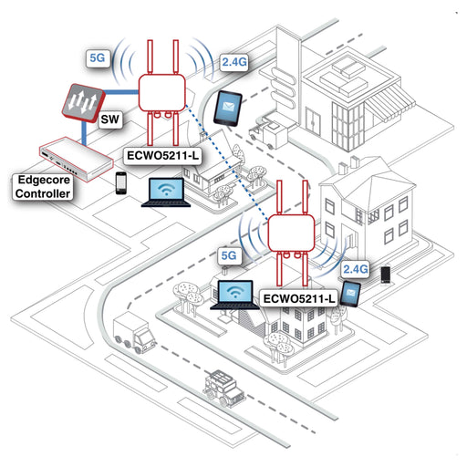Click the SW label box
pyautogui.click(x=111, y=119)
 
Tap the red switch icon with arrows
pyautogui.click(x=83, y=103)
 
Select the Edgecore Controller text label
pyautogui.click(x=43, y=187)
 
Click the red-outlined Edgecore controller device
pyautogui.click(x=76, y=159)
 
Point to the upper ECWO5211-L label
pyautogui.click(x=163, y=156)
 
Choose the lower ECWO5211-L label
pyautogui.click(x=299, y=298)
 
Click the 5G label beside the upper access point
pyautogui.click(x=98, y=57)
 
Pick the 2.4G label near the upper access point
pyautogui.click(x=234, y=62)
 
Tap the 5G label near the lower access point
pyautogui.click(x=229, y=255)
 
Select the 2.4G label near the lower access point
pyautogui.click(x=355, y=269)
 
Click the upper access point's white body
pyautogui.click(x=162, y=93)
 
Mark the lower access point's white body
pyautogui.click(x=291, y=233)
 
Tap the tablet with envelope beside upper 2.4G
pyautogui.click(x=228, y=108)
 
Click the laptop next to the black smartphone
pyautogui.click(x=166, y=192)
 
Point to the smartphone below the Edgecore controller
pyautogui.click(x=121, y=183)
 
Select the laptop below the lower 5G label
pyautogui.click(x=234, y=295)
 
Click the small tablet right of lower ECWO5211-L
pyautogui.click(x=350, y=294)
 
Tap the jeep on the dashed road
pyautogui.click(x=224, y=389)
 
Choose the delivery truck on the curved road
pyautogui.click(x=134, y=333)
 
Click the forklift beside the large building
pyautogui.click(x=268, y=132)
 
